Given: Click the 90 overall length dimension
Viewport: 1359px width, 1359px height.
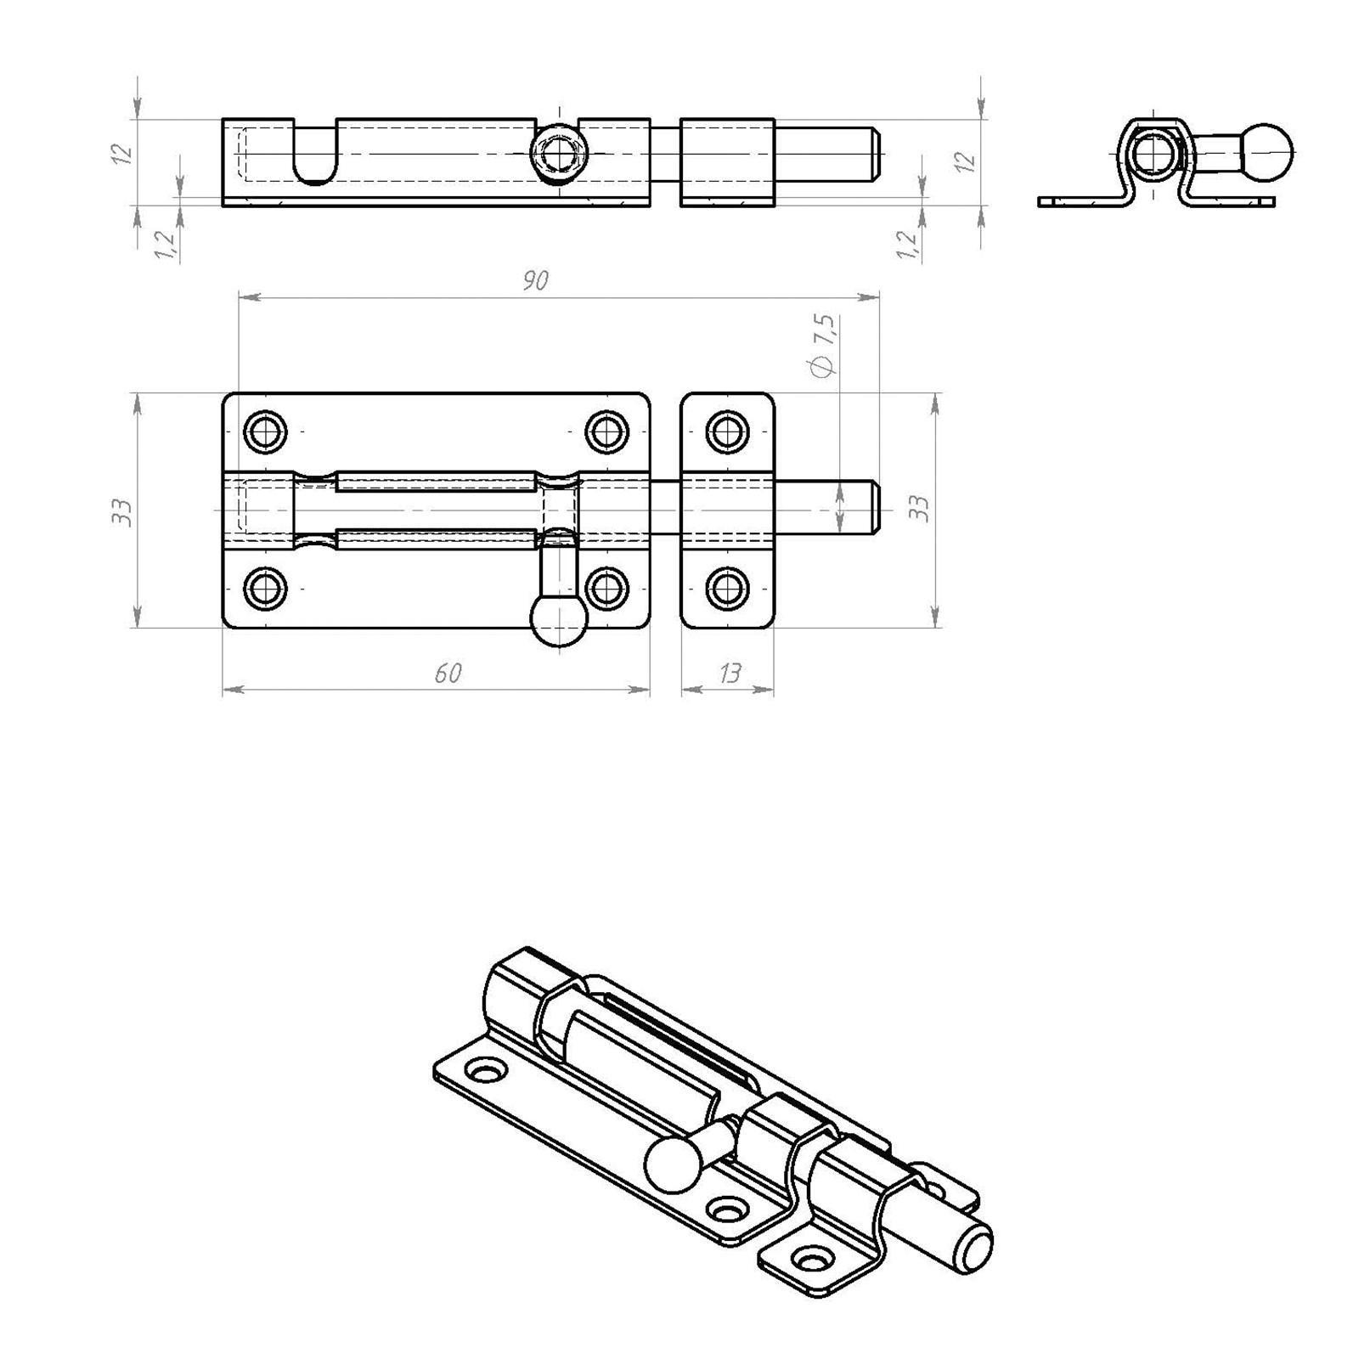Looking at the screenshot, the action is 536,280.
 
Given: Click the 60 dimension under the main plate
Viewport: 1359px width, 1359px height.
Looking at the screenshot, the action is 448,674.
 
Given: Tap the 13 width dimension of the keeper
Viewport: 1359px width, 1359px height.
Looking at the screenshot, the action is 730,674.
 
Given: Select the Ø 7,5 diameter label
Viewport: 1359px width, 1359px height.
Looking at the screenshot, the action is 824,345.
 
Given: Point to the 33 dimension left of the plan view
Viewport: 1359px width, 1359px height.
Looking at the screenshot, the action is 124,511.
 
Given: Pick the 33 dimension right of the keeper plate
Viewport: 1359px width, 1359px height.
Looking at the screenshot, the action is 919,509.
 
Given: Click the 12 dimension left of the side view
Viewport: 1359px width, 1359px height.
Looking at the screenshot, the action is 124,154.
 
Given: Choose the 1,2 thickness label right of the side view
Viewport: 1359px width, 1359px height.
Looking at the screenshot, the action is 909,245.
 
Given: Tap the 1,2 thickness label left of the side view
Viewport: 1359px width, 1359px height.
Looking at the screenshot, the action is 166,245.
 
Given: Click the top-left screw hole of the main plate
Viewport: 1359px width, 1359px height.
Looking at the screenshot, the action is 265,431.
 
